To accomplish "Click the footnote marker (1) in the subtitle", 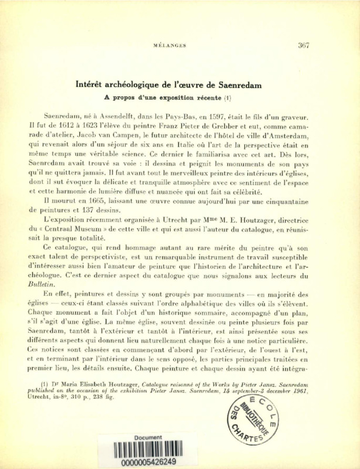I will coord(228,97).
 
